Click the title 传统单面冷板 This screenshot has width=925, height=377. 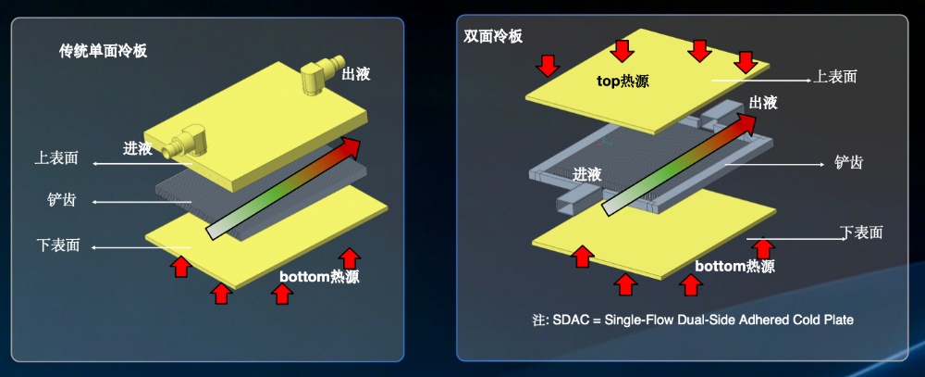104,52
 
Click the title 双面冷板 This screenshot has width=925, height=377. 493,36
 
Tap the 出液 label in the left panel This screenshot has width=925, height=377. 356,74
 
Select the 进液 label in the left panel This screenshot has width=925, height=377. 138,147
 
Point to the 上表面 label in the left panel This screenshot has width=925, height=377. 56,159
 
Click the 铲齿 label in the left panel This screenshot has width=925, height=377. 61,200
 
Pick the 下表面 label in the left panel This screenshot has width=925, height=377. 57,245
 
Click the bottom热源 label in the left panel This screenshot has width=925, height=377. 319,277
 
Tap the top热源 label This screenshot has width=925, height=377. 623,81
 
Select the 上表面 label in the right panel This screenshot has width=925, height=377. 834,76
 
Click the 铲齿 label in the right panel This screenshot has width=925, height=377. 848,162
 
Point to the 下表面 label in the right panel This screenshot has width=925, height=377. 861,232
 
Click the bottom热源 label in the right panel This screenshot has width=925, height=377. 734,267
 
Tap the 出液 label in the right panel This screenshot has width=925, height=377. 763,102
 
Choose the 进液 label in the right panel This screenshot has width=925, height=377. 587,174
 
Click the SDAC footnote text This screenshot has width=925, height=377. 693,320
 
